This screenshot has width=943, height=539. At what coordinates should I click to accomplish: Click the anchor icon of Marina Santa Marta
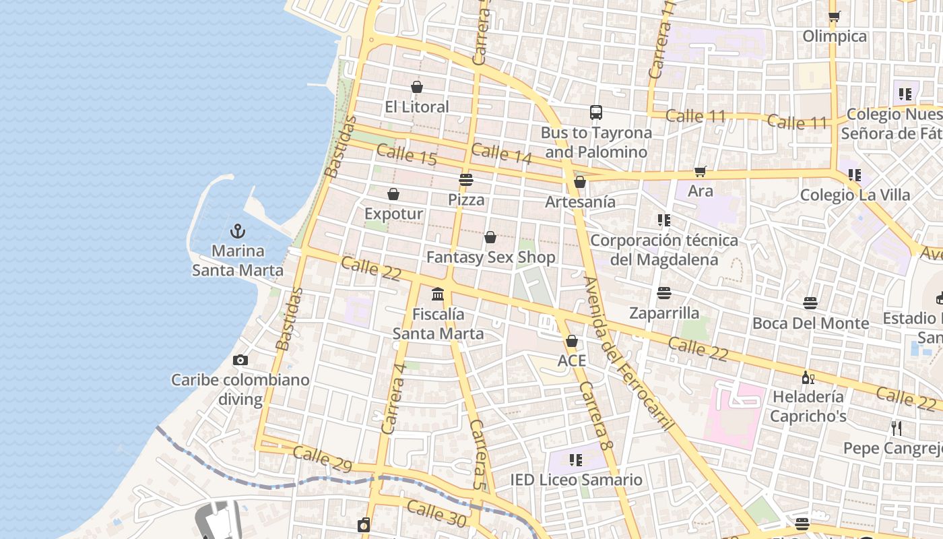tap(237, 232)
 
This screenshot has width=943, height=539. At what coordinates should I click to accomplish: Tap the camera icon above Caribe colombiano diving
tap(240, 360)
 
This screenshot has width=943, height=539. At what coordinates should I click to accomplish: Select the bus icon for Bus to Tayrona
tap(595, 113)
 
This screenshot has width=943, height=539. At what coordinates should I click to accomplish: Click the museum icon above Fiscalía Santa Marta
tap(438, 294)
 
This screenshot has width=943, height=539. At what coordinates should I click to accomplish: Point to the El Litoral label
tap(417, 106)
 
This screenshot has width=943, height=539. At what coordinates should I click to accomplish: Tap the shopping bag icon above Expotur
tap(393, 195)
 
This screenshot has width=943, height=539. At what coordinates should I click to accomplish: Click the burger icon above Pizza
tap(466, 180)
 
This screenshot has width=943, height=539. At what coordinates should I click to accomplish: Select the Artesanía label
tap(580, 201)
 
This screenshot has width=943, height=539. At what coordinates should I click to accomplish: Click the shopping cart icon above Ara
tap(701, 172)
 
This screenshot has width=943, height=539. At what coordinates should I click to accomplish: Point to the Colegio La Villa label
tap(855, 195)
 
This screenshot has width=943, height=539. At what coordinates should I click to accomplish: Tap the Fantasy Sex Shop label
tap(491, 257)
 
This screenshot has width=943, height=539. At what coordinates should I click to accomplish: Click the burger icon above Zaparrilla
tap(664, 293)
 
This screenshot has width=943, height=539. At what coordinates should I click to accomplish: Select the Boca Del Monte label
tap(810, 323)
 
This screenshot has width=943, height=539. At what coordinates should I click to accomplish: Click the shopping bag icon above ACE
tap(572, 342)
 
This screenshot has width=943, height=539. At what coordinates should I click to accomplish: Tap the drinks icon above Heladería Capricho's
tap(808, 377)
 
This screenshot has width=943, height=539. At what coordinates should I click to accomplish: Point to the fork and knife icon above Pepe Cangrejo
tap(896, 429)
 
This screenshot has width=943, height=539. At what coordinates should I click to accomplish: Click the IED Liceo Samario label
tap(576, 480)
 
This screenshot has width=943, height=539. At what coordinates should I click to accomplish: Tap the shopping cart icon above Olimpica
tap(835, 17)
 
